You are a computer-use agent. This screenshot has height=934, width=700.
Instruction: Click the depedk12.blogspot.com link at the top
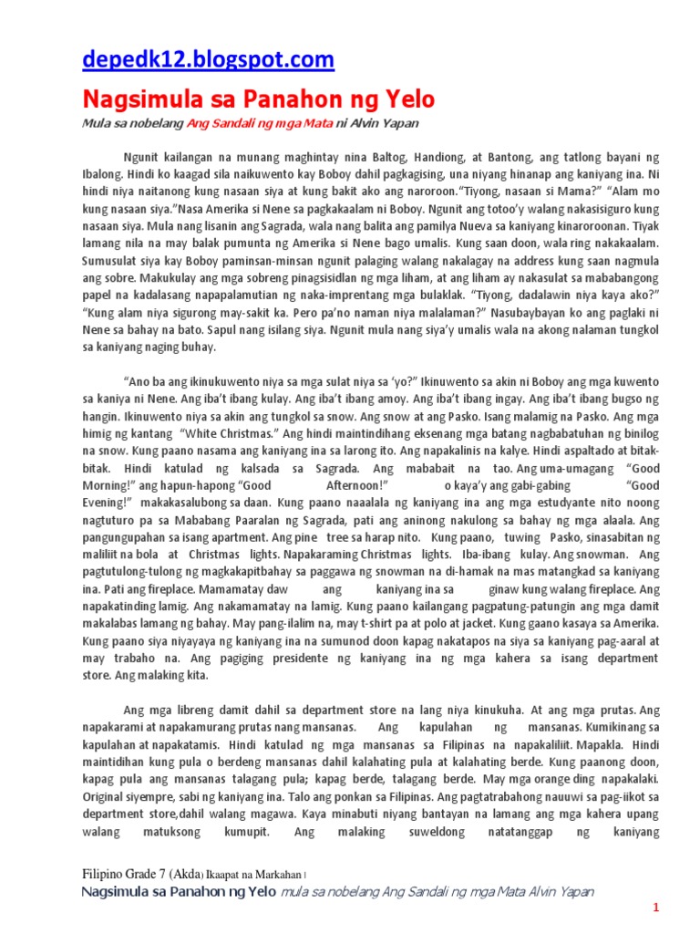208,60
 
